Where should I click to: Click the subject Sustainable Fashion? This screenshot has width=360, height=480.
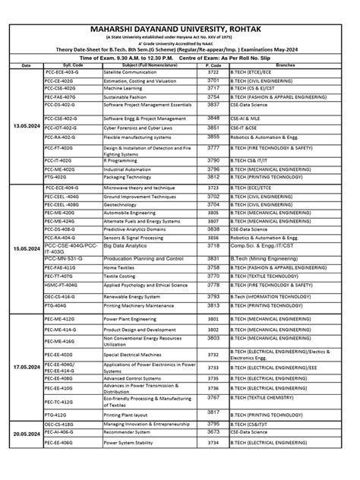125,98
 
